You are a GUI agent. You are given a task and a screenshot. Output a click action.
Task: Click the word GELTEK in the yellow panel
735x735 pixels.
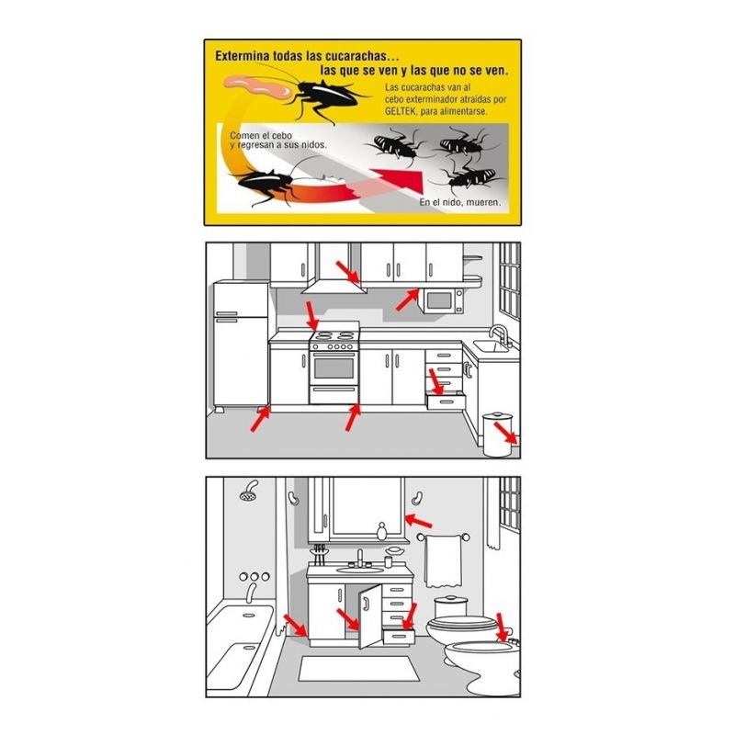pos(401,111)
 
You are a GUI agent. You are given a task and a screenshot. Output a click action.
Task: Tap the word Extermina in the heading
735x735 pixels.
pos(243,56)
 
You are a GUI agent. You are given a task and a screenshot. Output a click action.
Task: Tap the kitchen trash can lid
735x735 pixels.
pos(497,416)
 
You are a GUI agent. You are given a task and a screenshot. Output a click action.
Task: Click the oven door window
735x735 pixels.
pos(334,368)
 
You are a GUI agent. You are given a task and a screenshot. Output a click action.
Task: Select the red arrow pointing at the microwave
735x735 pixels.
pos(407,300)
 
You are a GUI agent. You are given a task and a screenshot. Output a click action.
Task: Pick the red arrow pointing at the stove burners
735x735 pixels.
pos(311,316)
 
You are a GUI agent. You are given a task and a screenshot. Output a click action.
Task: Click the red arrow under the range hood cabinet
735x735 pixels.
pos(348,272)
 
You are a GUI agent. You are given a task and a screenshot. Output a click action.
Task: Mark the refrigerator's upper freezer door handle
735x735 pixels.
pos(227,313)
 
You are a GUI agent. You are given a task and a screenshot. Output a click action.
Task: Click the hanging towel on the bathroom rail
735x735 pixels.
pos(442,561)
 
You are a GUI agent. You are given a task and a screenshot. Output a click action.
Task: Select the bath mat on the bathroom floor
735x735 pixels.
pos(359,669)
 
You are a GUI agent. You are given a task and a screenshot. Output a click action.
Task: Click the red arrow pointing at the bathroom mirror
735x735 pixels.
pos(418,521)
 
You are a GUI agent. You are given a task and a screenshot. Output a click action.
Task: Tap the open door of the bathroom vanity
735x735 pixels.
pos(370,616)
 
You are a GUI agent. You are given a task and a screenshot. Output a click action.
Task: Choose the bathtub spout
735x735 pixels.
pos(251,593)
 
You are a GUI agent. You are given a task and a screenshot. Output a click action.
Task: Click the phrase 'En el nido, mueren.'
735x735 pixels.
pos(460,202)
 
